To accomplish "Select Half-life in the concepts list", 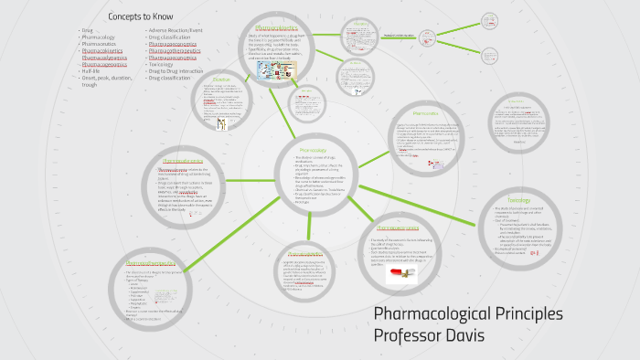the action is pos(91,71).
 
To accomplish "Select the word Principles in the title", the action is pos(519,313).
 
